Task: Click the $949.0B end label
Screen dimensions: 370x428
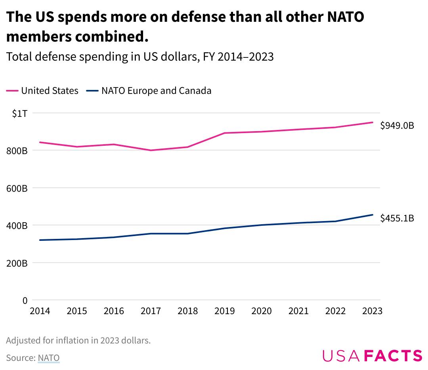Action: point(397,126)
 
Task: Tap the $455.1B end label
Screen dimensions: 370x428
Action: point(397,218)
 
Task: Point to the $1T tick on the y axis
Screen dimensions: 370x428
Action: point(19,114)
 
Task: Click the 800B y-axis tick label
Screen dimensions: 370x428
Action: point(17,151)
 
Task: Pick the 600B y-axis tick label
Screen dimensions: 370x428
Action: point(17,189)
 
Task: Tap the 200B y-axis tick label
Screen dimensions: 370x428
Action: point(17,263)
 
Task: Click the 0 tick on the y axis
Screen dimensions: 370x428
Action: point(25,301)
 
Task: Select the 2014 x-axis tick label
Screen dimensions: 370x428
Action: point(40,311)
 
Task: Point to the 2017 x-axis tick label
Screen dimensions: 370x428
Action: point(151,311)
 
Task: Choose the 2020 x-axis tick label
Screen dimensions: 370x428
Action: point(262,311)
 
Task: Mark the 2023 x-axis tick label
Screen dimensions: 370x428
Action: point(372,311)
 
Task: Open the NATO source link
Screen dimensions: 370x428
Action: point(49,358)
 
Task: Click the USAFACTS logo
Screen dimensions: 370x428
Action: point(372,355)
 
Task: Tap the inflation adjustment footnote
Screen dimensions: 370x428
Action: point(78,341)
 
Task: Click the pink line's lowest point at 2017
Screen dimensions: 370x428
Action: point(151,150)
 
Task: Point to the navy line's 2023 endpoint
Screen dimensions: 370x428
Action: point(373,215)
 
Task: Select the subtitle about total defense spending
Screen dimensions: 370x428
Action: point(140,57)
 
